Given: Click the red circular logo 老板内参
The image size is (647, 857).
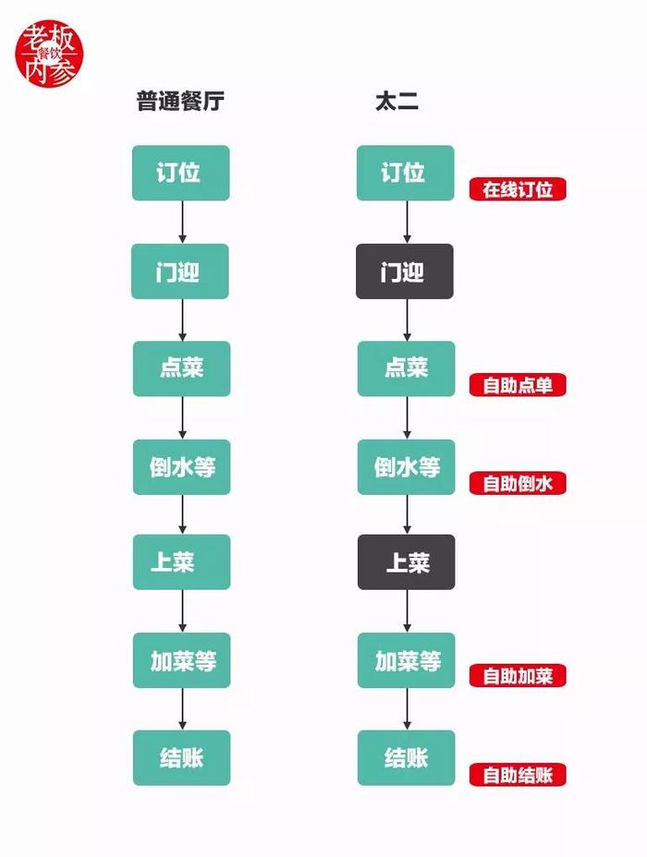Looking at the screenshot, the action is pyautogui.click(x=49, y=54).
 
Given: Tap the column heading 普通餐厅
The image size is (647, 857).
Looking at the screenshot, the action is pyautogui.click(x=180, y=102).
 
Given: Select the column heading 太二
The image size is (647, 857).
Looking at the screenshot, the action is pyautogui.click(x=397, y=102).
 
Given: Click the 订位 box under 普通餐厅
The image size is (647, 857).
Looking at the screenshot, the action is pyautogui.click(x=180, y=173).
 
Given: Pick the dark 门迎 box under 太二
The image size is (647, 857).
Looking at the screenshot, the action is pyautogui.click(x=405, y=272).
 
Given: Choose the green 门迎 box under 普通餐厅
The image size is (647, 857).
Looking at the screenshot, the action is pyautogui.click(x=180, y=272).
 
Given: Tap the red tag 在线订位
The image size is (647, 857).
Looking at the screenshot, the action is pyautogui.click(x=518, y=189).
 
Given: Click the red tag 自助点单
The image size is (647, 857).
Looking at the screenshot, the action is pyautogui.click(x=518, y=385).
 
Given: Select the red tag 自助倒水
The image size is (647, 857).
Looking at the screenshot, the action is pyautogui.click(x=518, y=483).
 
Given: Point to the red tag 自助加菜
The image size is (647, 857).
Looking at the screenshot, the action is pyautogui.click(x=518, y=676).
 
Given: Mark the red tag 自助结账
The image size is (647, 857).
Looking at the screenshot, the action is pyautogui.click(x=518, y=775).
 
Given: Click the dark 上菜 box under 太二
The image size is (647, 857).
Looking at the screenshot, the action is pyautogui.click(x=407, y=561).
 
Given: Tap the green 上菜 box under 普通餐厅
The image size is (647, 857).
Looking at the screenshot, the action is pyautogui.click(x=181, y=561).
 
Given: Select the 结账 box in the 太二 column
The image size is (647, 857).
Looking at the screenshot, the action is pyautogui.click(x=407, y=758).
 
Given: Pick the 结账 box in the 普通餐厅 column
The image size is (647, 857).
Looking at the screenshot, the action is pyautogui.click(x=181, y=758).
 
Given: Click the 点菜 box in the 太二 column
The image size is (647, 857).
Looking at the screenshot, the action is pyautogui.click(x=407, y=368).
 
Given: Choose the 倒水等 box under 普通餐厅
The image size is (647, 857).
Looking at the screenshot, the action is pyautogui.click(x=181, y=467).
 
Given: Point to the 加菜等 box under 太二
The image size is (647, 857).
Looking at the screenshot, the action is pyautogui.click(x=407, y=660).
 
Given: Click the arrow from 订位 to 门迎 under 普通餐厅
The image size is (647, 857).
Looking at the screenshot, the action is pyautogui.click(x=182, y=222).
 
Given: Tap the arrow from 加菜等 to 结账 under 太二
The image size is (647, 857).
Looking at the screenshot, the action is pyautogui.click(x=407, y=709).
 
